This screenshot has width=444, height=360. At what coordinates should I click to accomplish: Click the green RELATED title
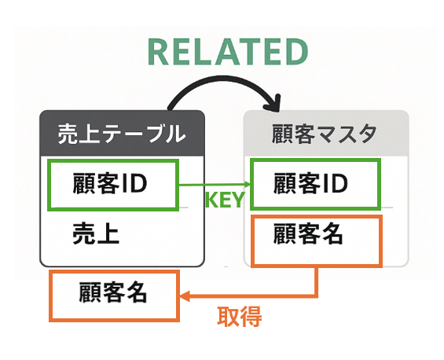tap(228, 52)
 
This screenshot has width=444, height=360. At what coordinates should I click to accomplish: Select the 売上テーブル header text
tap(122, 134)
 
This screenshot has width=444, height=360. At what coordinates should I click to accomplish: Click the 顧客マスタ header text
tap(325, 134)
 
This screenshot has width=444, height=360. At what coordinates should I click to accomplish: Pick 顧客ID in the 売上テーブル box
tap(110, 184)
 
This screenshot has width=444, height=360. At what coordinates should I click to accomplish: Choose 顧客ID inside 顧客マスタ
tap(310, 184)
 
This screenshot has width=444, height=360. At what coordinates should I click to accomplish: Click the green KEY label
tap(225, 200)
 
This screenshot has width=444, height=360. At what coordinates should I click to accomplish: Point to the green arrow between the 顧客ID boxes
tap(215, 185)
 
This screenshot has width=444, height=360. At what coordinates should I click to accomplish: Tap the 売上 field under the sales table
tap(96, 234)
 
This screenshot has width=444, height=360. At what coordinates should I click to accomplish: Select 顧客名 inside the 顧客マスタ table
tap(308, 234)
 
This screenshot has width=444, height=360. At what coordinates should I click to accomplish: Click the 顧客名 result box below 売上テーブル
tap(115, 296)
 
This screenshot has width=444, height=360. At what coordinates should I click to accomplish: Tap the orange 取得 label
tap(239, 317)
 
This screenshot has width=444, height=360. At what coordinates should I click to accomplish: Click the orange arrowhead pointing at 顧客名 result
tap(184, 297)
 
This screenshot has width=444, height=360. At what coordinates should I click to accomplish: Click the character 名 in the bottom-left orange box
tap(136, 292)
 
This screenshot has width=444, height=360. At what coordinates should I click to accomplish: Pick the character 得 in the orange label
tap(251, 317)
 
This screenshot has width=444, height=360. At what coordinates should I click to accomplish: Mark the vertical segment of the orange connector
tap(316, 281)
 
